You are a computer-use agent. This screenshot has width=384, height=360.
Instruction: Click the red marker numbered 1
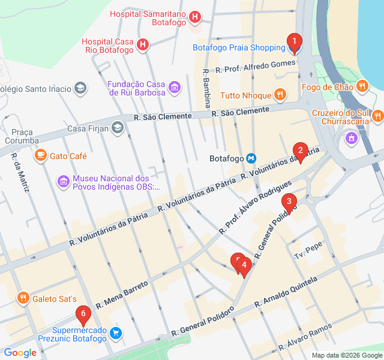click(x=294, y=43)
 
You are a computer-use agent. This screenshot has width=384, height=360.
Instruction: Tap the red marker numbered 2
click(x=300, y=151)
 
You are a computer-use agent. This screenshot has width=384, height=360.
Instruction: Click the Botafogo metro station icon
click(x=252, y=158)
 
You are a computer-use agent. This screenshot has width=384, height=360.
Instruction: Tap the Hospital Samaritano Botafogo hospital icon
click(x=194, y=17)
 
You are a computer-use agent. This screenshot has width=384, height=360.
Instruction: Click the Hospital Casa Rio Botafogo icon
click(x=143, y=44)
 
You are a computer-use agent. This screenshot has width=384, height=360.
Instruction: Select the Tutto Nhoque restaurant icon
click(x=280, y=95)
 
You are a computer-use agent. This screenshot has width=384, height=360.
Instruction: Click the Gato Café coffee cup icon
click(x=40, y=155)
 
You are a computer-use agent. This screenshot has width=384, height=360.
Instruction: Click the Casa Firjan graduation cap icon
click(x=118, y=128)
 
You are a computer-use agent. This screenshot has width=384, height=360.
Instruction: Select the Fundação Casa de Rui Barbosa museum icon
click(x=174, y=88)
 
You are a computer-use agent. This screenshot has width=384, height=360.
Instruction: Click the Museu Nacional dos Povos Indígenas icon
click(x=63, y=181)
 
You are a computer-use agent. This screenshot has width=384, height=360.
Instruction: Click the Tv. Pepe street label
click(x=308, y=251)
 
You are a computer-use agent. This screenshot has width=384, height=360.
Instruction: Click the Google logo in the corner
click(x=20, y=353)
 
